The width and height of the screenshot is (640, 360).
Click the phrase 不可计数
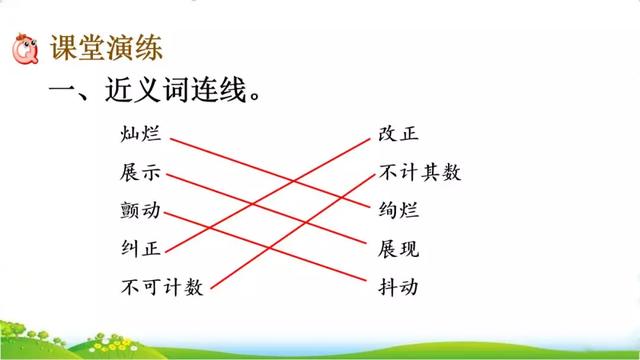pos(161,287)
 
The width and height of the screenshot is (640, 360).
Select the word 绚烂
pos(399,212)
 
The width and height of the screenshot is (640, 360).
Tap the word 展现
pos(399,249)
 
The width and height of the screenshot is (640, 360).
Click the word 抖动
pos(399,287)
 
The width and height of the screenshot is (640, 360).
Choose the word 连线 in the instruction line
pos(216,92)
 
